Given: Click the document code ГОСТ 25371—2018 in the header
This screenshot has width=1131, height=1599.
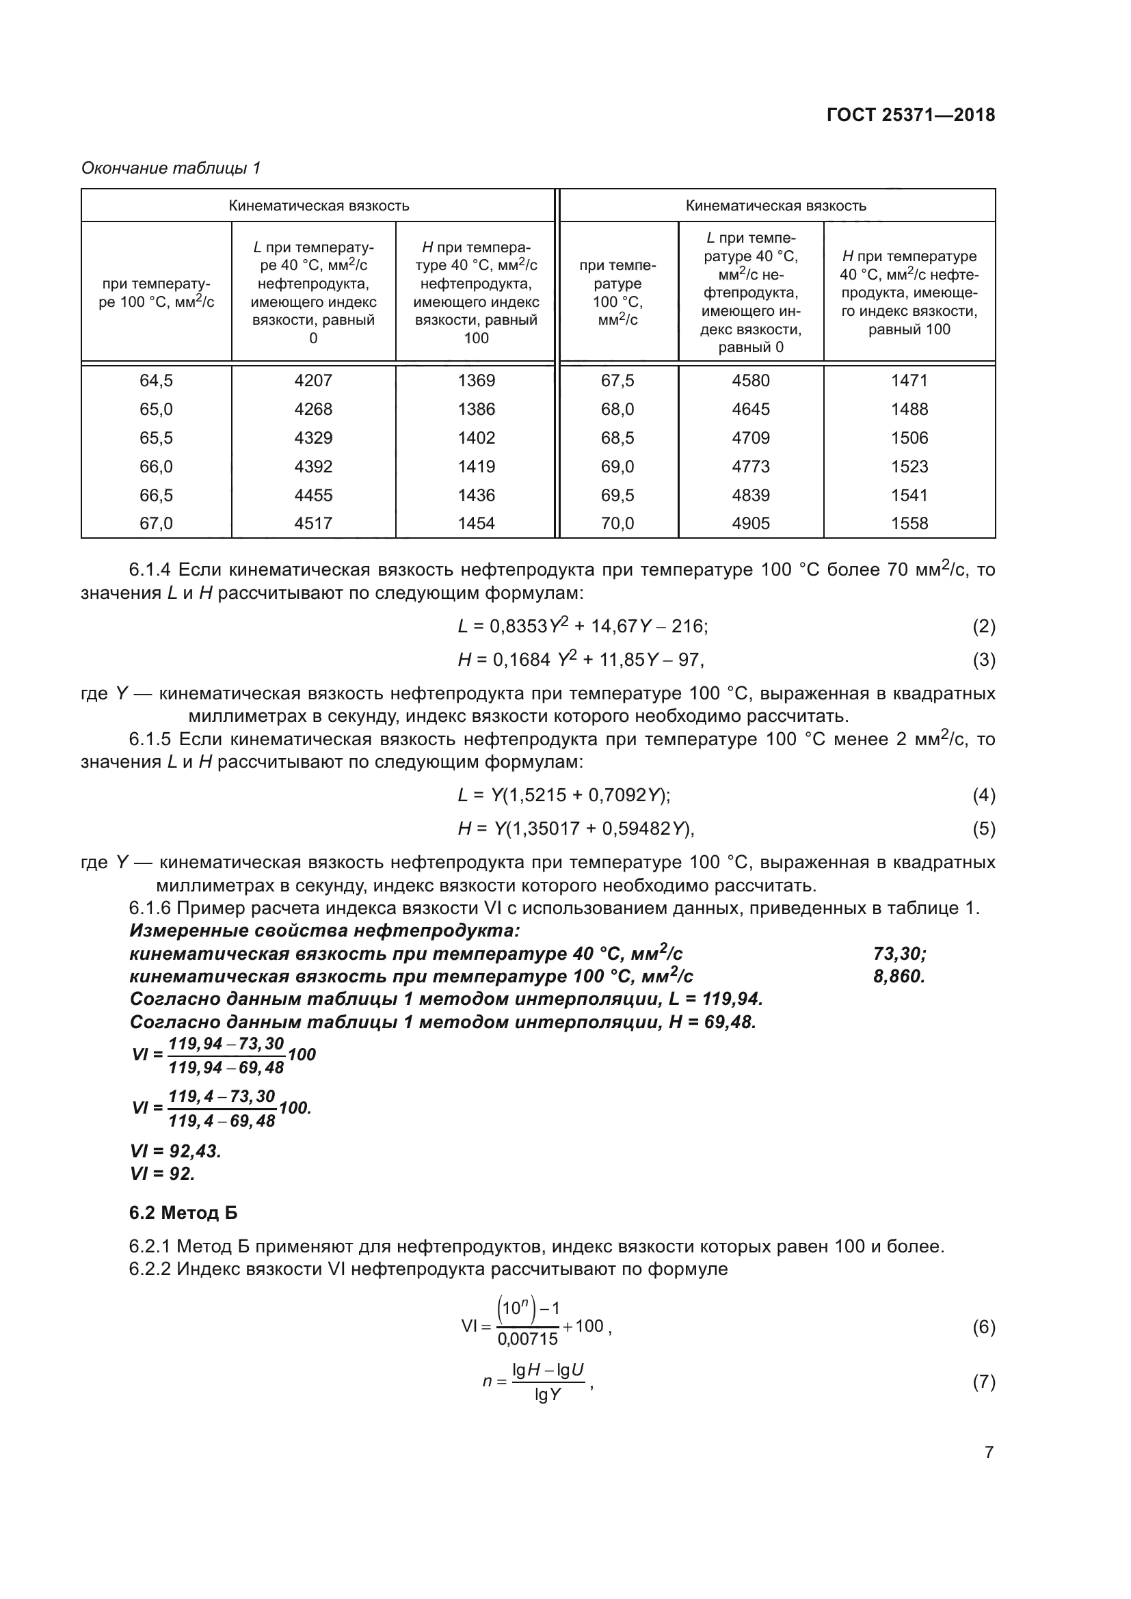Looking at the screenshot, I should (x=910, y=115).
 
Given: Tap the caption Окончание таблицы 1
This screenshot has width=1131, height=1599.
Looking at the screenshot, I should (x=171, y=168).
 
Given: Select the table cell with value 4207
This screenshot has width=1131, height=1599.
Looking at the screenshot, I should (x=313, y=381).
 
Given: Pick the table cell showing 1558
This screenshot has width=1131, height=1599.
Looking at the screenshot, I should (x=909, y=524).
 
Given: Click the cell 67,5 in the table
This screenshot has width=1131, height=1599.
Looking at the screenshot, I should (x=617, y=381).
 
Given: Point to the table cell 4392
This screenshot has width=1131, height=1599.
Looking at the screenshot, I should (x=313, y=467).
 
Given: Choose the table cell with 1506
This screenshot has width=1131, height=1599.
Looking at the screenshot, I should (x=909, y=438).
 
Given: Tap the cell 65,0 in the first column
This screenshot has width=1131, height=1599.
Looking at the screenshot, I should (x=156, y=409).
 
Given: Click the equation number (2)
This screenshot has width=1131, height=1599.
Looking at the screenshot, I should (x=983, y=627).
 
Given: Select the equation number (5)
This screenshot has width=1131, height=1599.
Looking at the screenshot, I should (x=983, y=829).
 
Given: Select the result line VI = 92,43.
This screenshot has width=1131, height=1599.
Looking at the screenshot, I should (x=176, y=1151).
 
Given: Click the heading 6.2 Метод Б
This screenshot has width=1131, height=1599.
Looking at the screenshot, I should (x=183, y=1213).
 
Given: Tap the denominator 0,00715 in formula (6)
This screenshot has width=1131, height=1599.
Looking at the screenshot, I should (x=527, y=1339).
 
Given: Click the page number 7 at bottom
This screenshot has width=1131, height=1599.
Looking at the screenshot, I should (x=988, y=1453).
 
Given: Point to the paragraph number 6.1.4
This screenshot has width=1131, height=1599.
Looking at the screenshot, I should (x=150, y=570).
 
